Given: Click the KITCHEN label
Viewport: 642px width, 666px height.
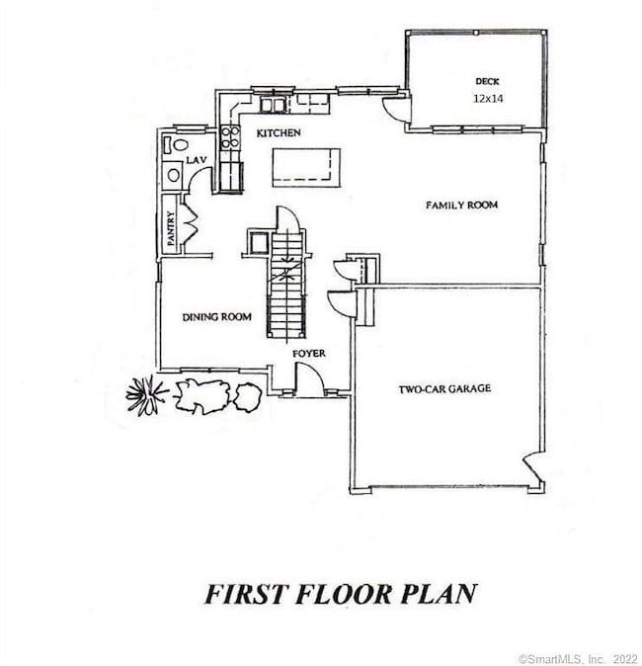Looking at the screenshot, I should click(x=278, y=132).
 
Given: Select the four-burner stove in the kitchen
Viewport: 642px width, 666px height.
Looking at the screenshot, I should click(x=229, y=137).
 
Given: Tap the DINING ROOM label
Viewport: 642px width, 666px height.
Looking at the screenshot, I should click(x=216, y=317).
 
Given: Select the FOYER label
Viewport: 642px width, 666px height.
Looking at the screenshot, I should click(x=308, y=353).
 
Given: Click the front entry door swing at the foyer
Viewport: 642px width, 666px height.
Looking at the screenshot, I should click(x=309, y=378).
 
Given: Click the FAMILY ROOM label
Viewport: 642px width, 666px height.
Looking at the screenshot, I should click(x=461, y=206).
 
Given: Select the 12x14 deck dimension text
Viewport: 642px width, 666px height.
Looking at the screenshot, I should click(x=488, y=99).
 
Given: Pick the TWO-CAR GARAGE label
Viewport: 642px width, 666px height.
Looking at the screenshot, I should click(x=444, y=389).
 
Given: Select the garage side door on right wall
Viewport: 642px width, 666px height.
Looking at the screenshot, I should click(x=534, y=468).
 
